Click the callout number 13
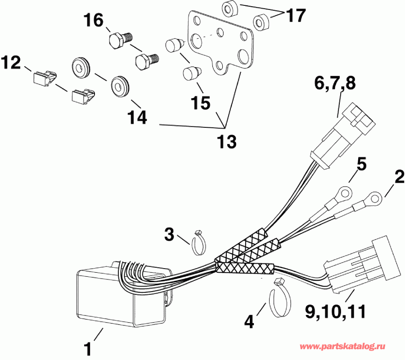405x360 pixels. (225, 142)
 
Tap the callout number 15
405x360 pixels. (200, 103)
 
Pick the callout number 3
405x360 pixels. (169, 234)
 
